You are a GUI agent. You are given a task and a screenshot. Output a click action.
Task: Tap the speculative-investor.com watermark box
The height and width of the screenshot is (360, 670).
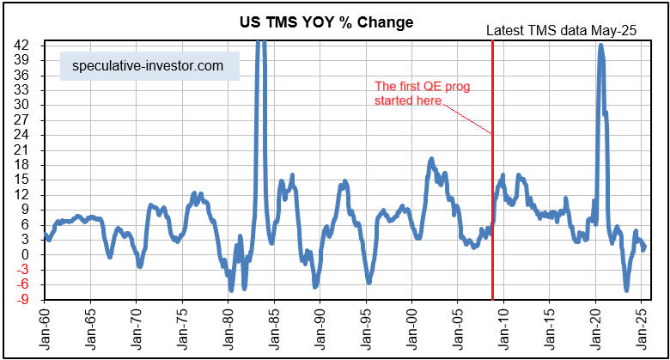[149, 65]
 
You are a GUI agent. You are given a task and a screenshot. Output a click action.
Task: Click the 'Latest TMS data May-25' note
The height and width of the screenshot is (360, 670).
[562, 31]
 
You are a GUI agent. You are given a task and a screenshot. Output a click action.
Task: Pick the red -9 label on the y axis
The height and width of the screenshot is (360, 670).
[25, 300]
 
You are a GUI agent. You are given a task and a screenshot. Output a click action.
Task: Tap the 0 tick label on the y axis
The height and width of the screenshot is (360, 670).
[28, 254]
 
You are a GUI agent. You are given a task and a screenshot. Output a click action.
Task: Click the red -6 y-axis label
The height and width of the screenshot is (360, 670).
[25, 284]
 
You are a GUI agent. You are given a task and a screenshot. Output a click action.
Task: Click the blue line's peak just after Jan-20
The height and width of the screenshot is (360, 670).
[600, 46]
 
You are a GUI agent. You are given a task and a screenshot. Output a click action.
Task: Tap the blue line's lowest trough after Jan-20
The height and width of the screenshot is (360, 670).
[626, 290]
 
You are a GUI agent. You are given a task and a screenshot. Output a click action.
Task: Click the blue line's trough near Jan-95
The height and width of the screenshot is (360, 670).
[369, 282]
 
